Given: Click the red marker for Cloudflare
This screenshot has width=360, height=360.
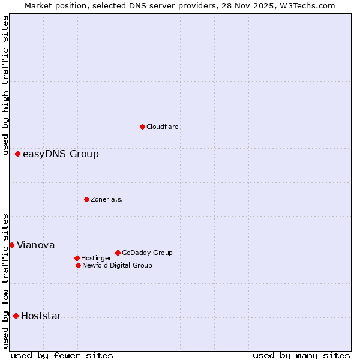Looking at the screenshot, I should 142,127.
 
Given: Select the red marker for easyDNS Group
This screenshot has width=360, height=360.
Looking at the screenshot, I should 17,154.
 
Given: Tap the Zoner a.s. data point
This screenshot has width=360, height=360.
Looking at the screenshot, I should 86,199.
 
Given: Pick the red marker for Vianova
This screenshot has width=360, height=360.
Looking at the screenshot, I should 11,245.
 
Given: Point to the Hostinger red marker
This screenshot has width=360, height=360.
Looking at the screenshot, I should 77,258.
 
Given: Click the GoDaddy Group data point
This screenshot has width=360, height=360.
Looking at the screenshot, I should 118,253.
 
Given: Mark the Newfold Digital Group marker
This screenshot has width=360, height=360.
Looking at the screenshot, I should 78,265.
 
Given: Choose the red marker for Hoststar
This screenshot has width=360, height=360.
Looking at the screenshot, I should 16,316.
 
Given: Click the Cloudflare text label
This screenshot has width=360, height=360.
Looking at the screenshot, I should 163,127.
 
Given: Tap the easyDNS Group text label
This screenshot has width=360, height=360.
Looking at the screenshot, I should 61,154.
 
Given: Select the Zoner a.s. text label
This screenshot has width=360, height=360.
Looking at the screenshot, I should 107,199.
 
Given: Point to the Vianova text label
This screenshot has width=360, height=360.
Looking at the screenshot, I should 35,245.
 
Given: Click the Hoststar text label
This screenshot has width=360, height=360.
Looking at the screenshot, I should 41,316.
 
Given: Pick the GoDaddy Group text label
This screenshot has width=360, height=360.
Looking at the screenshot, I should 147,253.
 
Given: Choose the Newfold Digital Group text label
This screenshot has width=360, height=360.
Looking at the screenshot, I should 117,265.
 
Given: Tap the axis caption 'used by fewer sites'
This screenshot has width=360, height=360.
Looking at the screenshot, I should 62,355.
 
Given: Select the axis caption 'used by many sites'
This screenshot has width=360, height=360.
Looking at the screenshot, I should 301,355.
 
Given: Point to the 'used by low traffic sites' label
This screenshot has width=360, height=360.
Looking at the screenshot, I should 5,281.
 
